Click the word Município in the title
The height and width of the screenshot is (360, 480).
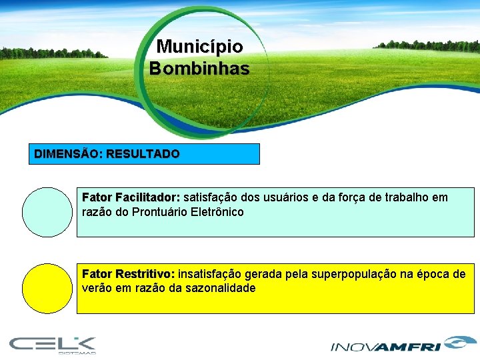(199, 47)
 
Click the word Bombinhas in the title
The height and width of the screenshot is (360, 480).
(199, 68)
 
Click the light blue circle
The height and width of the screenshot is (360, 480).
(47, 212)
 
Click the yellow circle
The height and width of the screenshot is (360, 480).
(47, 289)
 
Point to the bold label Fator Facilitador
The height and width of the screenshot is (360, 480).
(131, 197)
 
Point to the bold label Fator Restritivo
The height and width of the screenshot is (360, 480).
(128, 274)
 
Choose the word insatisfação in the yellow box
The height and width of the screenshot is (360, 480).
(210, 274)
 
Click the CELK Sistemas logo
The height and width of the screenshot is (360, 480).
(53, 345)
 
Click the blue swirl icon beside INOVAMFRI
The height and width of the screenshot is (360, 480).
(457, 343)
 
